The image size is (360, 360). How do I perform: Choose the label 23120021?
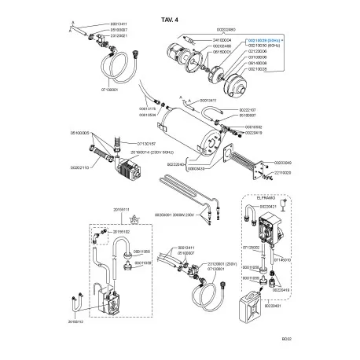click(x=120, y=37)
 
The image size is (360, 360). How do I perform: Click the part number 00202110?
click(x=80, y=167)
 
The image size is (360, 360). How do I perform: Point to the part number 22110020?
click(x=282, y=173)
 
